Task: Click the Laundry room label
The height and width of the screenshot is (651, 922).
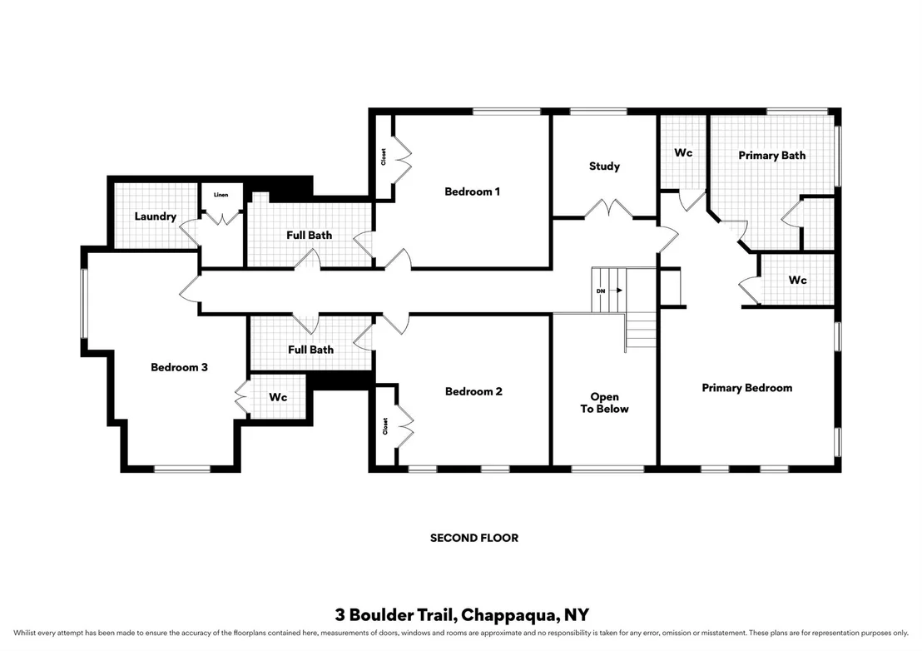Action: click(x=156, y=216)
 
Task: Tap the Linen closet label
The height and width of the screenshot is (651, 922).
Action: click(x=221, y=195)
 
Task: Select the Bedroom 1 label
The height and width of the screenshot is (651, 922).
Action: click(x=472, y=191)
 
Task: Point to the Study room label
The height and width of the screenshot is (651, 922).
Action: click(x=604, y=166)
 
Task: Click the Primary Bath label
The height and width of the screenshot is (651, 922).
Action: click(x=772, y=155)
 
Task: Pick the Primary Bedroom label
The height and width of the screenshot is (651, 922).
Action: click(x=746, y=388)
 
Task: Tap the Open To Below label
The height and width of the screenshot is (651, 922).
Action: click(x=604, y=403)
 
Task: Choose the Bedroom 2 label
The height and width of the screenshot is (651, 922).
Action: click(x=473, y=391)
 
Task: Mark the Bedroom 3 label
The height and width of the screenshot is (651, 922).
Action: click(x=180, y=368)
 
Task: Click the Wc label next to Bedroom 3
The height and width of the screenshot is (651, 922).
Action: click(x=278, y=398)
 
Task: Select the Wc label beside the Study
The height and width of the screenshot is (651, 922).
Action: click(x=683, y=153)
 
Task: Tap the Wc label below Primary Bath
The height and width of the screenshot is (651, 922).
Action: click(x=797, y=281)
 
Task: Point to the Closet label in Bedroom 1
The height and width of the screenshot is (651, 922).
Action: click(x=384, y=157)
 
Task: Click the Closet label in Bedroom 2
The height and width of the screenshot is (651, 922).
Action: click(x=385, y=426)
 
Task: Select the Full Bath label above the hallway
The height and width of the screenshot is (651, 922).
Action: click(x=310, y=236)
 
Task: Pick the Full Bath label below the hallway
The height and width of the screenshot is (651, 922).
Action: click(x=310, y=350)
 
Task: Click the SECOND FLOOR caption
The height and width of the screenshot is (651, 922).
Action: click(x=474, y=538)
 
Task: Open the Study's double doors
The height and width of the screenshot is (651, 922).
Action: click(x=608, y=210)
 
